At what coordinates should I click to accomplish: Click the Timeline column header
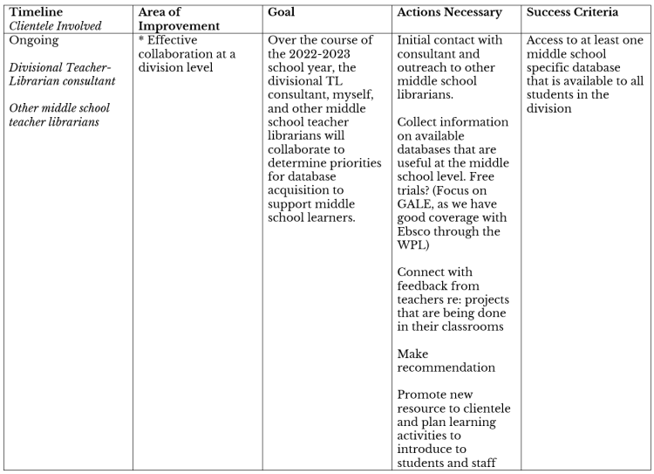click(x=37, y=12)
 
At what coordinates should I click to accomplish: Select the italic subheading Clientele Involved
click(x=53, y=26)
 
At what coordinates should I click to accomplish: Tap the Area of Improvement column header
click(x=179, y=19)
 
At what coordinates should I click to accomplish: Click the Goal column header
click(x=282, y=12)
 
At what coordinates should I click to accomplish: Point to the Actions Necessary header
click(x=449, y=12)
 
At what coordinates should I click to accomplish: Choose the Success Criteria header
click(x=573, y=12)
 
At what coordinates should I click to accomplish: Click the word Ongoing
click(x=35, y=40)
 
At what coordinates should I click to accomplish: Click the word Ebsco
click(x=417, y=231)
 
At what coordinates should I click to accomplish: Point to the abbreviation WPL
click(x=412, y=245)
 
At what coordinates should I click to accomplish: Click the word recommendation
click(x=446, y=368)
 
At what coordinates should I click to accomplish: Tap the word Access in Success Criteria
click(x=548, y=40)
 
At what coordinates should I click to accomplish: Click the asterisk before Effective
click(x=141, y=40)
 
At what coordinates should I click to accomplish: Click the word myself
click(x=336, y=96)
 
